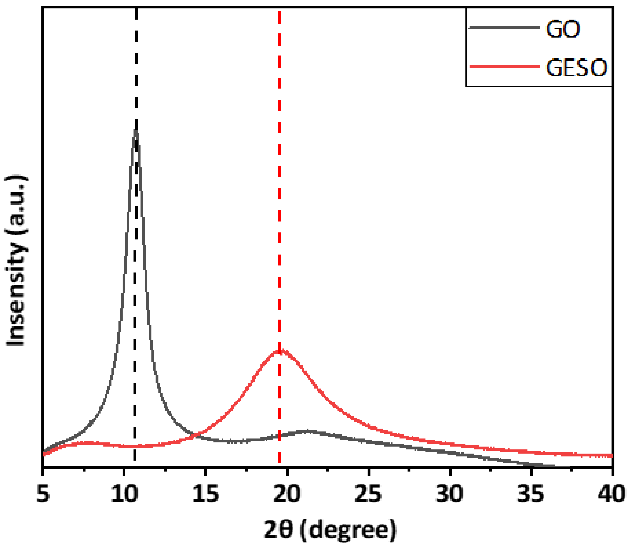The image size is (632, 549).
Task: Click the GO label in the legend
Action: click(563, 30)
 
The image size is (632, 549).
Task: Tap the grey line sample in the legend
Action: click(504, 28)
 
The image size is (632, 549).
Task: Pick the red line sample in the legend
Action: click(504, 66)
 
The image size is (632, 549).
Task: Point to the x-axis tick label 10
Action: click(124, 494)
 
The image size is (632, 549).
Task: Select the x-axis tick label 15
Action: click(206, 494)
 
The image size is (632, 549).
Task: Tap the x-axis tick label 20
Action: click(287, 494)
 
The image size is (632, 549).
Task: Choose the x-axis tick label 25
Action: click(369, 494)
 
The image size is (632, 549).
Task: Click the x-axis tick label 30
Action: click(450, 494)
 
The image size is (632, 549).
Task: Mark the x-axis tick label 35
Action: click(531, 494)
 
